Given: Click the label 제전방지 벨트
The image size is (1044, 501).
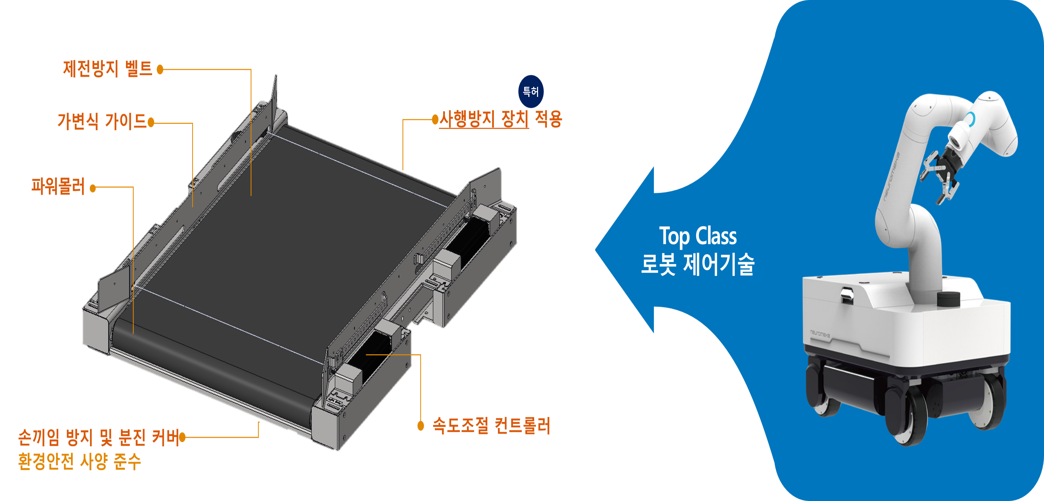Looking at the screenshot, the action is click(x=107, y=69).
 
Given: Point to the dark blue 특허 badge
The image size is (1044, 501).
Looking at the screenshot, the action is click(x=531, y=91).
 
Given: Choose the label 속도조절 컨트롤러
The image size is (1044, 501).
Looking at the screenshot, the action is click(x=491, y=426).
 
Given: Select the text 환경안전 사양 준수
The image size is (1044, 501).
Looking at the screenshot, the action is click(x=79, y=461).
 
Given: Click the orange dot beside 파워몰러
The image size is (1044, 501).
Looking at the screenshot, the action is click(x=93, y=188).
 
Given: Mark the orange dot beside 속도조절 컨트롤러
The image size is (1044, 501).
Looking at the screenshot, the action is click(x=421, y=426).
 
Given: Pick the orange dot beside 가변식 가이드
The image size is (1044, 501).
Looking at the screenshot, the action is click(x=151, y=122).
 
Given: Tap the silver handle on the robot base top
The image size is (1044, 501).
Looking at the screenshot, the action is click(x=846, y=294).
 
